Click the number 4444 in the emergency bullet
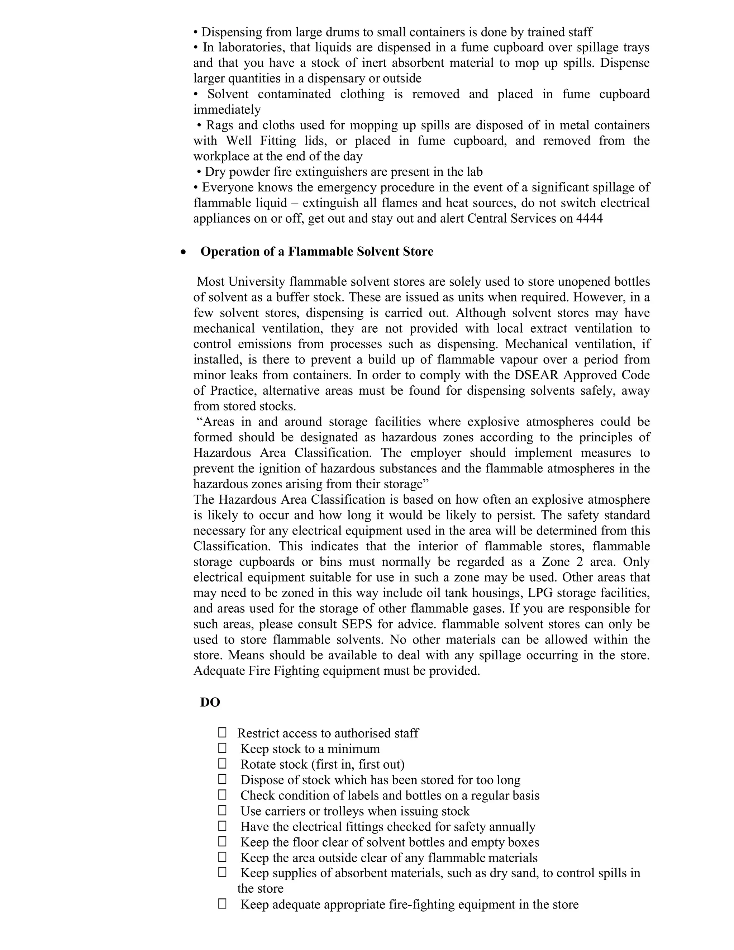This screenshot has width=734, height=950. pyautogui.click(x=589, y=218)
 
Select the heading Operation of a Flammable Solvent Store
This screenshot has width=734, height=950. pyautogui.click(x=316, y=252)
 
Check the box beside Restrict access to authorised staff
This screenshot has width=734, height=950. pyautogui.click(x=222, y=733)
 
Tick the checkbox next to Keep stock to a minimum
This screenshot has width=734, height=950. pyautogui.click(x=222, y=748)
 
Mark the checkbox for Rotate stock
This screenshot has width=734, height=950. pyautogui.click(x=222, y=764)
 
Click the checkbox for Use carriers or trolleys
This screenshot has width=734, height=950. pyautogui.click(x=222, y=811)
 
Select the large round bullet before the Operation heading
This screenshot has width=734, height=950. pyautogui.click(x=184, y=252)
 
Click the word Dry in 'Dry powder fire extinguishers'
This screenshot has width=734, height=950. pyautogui.click(x=215, y=172)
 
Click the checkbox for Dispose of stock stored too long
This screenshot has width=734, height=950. pyautogui.click(x=222, y=779)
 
